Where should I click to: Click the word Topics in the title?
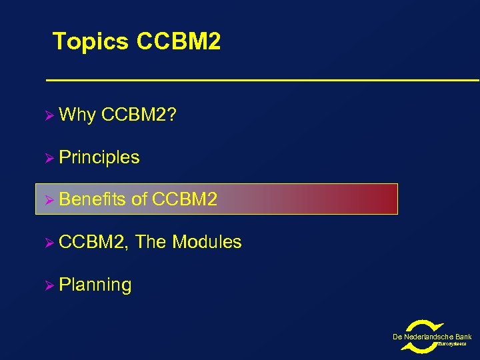click(x=91, y=42)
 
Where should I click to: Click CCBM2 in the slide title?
click(x=178, y=42)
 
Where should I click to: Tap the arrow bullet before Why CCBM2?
click(x=47, y=115)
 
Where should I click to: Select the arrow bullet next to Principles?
click(x=47, y=158)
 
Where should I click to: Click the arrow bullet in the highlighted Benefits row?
click(x=47, y=199)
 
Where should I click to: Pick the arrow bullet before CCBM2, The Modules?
click(x=47, y=242)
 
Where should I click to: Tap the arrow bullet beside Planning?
click(x=47, y=285)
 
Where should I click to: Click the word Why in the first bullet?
click(x=77, y=115)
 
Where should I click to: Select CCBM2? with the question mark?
click(x=139, y=115)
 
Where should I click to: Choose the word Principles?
click(x=99, y=158)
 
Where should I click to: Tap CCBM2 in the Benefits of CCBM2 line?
click(x=185, y=199)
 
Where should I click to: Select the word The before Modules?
click(x=151, y=242)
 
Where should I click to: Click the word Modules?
click(x=207, y=242)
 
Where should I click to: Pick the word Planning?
click(x=95, y=285)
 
